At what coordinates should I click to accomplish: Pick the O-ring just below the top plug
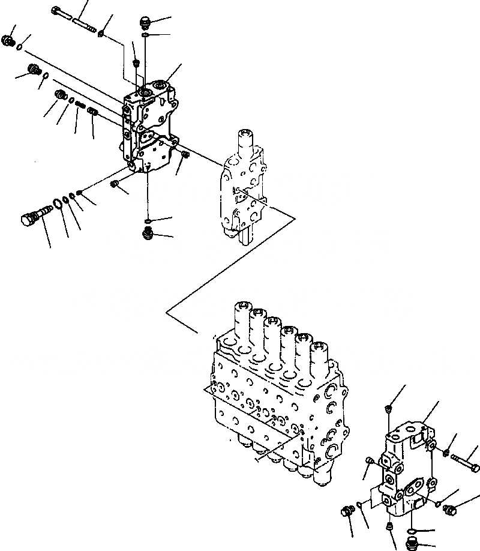(x=146, y=37)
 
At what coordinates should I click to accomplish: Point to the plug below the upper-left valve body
(x=147, y=232)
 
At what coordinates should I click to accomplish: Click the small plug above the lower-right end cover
(x=389, y=409)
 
